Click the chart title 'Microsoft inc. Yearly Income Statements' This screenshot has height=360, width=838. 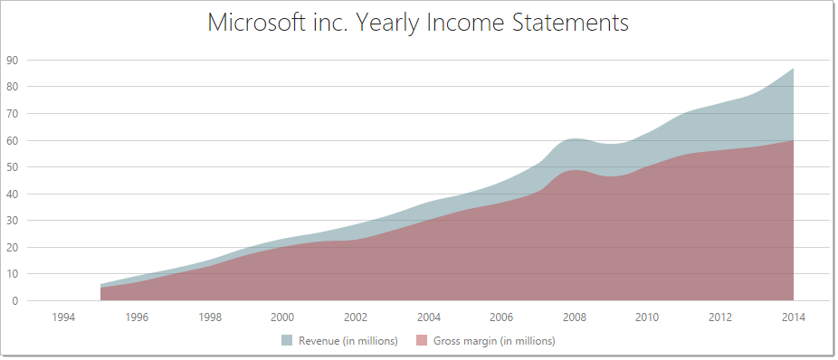pyautogui.click(x=418, y=23)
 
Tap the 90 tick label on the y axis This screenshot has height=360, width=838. pyautogui.click(x=13, y=61)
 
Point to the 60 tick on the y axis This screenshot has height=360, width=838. pyautogui.click(x=13, y=140)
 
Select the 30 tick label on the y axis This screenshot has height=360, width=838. pyautogui.click(x=13, y=221)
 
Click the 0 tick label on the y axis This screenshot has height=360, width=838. pyautogui.click(x=15, y=300)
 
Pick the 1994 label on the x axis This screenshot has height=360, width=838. pyautogui.click(x=63, y=317)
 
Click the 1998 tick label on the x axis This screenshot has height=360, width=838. pyautogui.click(x=209, y=317)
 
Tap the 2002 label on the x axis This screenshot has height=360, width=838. pyautogui.click(x=356, y=317)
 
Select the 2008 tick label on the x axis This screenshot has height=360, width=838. pyautogui.click(x=574, y=317)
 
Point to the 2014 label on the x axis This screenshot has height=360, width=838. pyautogui.click(x=793, y=317)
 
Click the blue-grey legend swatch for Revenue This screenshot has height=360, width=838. pyautogui.click(x=287, y=341)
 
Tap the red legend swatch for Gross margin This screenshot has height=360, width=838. pyautogui.click(x=422, y=341)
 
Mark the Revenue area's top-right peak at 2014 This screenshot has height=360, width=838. pyautogui.click(x=793, y=69)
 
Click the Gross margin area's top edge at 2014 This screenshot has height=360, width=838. pyautogui.click(x=793, y=140)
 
